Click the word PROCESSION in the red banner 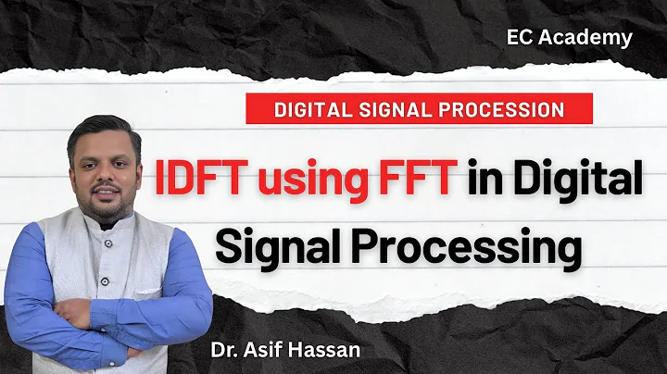coord(501,109)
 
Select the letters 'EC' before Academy coord(522,38)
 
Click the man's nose coord(106,172)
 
